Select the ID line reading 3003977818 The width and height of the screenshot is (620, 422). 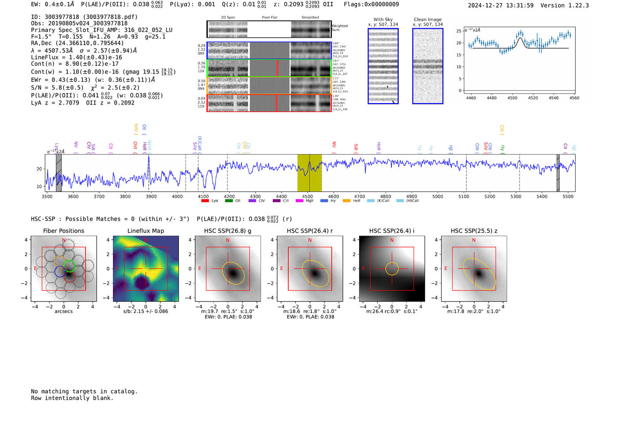(x=84, y=17)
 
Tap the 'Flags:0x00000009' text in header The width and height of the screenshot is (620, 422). (x=371, y=4)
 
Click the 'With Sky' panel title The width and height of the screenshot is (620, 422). (x=383, y=19)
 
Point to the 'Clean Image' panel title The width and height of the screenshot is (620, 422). (x=427, y=19)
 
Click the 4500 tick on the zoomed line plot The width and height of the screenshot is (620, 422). (x=512, y=98)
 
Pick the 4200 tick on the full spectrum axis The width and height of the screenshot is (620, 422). (x=229, y=196)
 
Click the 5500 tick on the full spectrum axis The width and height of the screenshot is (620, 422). (x=568, y=196)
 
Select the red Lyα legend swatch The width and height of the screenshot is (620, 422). (x=205, y=201)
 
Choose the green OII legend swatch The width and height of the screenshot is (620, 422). (x=229, y=201)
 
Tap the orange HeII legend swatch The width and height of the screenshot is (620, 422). (x=346, y=201)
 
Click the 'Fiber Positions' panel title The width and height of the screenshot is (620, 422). (x=63, y=231)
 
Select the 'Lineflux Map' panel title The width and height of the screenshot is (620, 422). (x=145, y=231)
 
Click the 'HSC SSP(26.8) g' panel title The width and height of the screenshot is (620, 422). (x=227, y=231)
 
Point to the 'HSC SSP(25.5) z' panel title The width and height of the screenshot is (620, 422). (x=474, y=231)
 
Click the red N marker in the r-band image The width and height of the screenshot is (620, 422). (x=310, y=240)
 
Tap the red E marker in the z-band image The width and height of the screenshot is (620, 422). (x=446, y=269)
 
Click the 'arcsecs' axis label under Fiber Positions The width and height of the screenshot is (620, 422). (x=63, y=311)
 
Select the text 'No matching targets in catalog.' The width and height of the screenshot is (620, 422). (x=84, y=391)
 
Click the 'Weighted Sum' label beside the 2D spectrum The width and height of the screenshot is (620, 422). (x=339, y=28)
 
